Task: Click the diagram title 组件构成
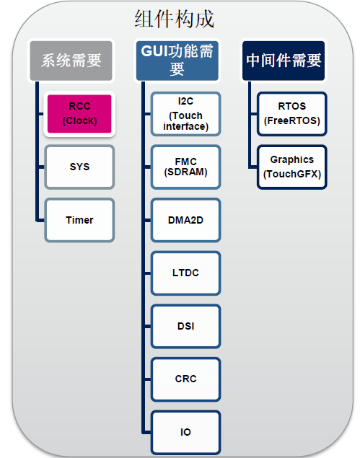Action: pos(174,19)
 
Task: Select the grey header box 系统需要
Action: pos(71,61)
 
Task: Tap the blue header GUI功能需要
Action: pos(177,61)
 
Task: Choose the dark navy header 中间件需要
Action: pos(284,61)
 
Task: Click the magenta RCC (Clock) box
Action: pos(79,114)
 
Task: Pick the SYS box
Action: pos(79,167)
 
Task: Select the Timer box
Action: pos(79,220)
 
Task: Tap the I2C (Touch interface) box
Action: pos(185,114)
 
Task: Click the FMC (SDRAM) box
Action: pos(185,167)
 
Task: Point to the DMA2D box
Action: pos(185,220)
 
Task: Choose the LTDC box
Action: pos(185,273)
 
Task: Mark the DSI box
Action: pos(185,326)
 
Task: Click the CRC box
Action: pos(185,379)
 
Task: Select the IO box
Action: pos(185,432)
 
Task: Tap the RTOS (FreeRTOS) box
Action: pos(292,114)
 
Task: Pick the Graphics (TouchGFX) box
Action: pos(292,167)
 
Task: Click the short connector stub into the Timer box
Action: pos(40,220)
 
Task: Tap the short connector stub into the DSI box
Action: pos(147,326)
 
